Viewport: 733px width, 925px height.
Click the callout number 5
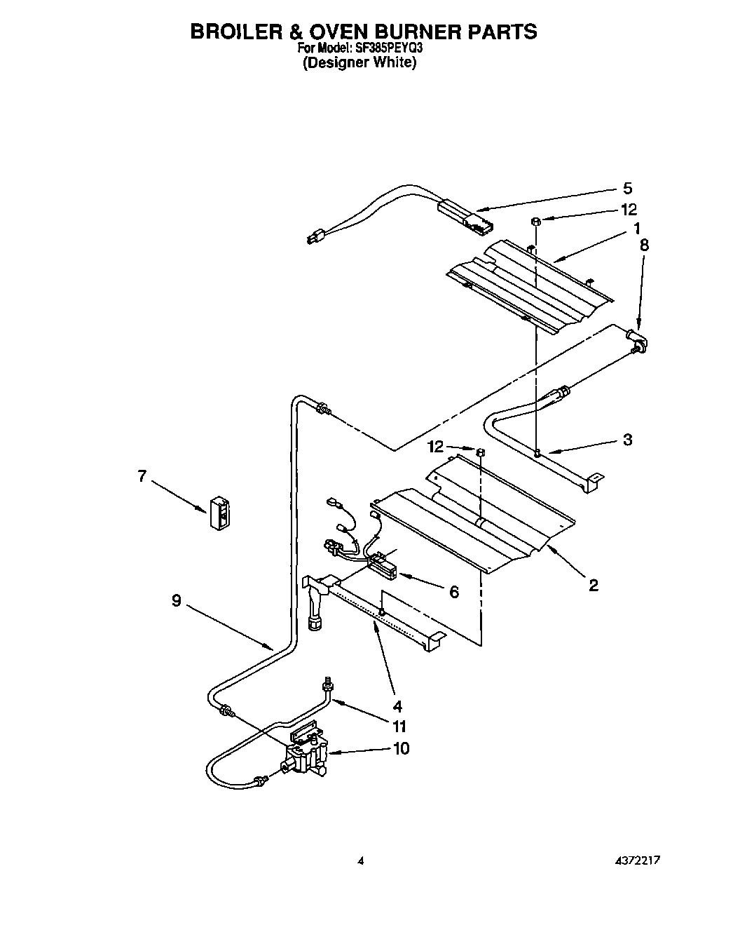coord(627,188)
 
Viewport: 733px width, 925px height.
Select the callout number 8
coord(643,245)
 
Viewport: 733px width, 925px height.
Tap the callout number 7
coord(142,476)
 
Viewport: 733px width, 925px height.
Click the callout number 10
coord(401,748)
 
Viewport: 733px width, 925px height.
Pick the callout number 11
coord(399,727)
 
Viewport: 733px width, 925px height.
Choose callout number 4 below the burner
coord(397,705)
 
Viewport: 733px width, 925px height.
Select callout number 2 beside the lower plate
coord(593,585)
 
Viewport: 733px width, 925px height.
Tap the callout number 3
coord(627,440)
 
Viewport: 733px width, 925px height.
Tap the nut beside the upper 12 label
coord(535,222)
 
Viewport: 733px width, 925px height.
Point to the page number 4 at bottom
coord(360,860)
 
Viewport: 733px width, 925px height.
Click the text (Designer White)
coord(359,62)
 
